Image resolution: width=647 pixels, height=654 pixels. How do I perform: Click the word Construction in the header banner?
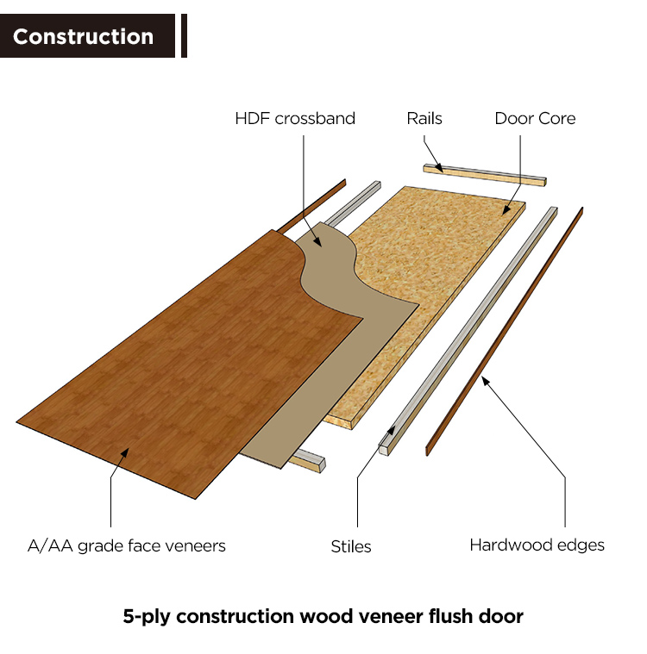(x=83, y=37)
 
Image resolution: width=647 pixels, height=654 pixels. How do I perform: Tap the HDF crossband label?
(x=295, y=118)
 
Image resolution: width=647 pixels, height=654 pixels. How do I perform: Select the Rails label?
(x=424, y=118)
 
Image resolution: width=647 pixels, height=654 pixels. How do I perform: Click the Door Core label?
(x=535, y=118)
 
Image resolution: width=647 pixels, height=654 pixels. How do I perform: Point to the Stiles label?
(x=351, y=546)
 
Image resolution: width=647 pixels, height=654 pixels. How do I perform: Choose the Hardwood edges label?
(x=537, y=545)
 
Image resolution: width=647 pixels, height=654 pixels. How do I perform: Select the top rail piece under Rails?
(x=483, y=174)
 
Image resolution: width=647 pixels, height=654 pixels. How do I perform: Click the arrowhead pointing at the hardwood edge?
(x=485, y=379)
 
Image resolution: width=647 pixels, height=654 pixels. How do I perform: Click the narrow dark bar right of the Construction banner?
(x=183, y=36)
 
